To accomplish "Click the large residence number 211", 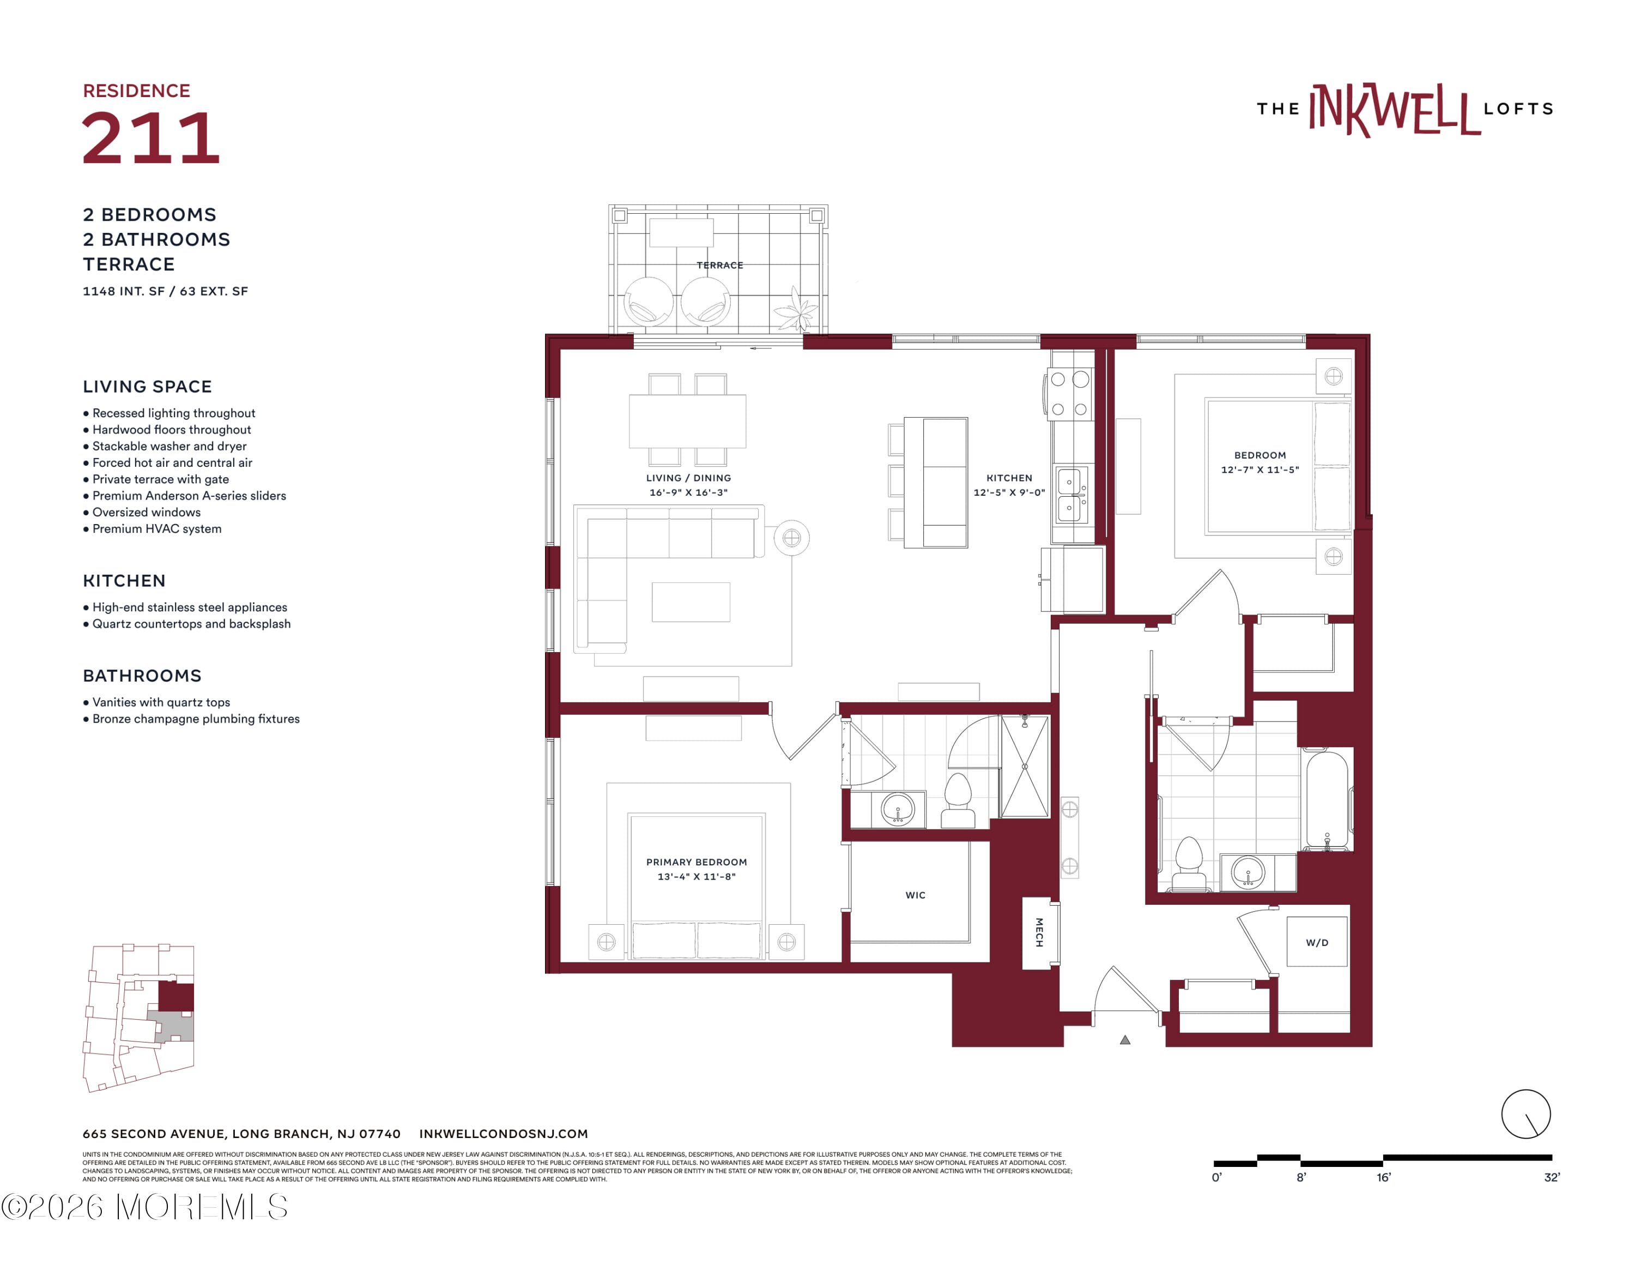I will (x=150, y=138).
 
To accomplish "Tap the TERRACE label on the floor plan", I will (x=719, y=265).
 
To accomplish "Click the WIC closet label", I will (x=915, y=895).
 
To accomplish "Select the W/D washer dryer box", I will (x=1317, y=942).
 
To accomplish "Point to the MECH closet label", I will (x=1039, y=932).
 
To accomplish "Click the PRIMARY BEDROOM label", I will (x=696, y=862).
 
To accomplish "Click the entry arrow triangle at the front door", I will (x=1124, y=1039).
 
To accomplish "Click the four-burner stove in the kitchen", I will (x=1069, y=394).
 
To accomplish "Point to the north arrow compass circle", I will (x=1525, y=1114).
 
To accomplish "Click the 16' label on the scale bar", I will (x=1383, y=1178).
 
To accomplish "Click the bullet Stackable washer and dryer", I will (x=169, y=446).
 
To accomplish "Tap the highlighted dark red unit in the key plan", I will (x=177, y=997).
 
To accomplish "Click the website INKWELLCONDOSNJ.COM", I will (x=503, y=1134).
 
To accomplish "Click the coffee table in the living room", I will (x=690, y=602).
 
